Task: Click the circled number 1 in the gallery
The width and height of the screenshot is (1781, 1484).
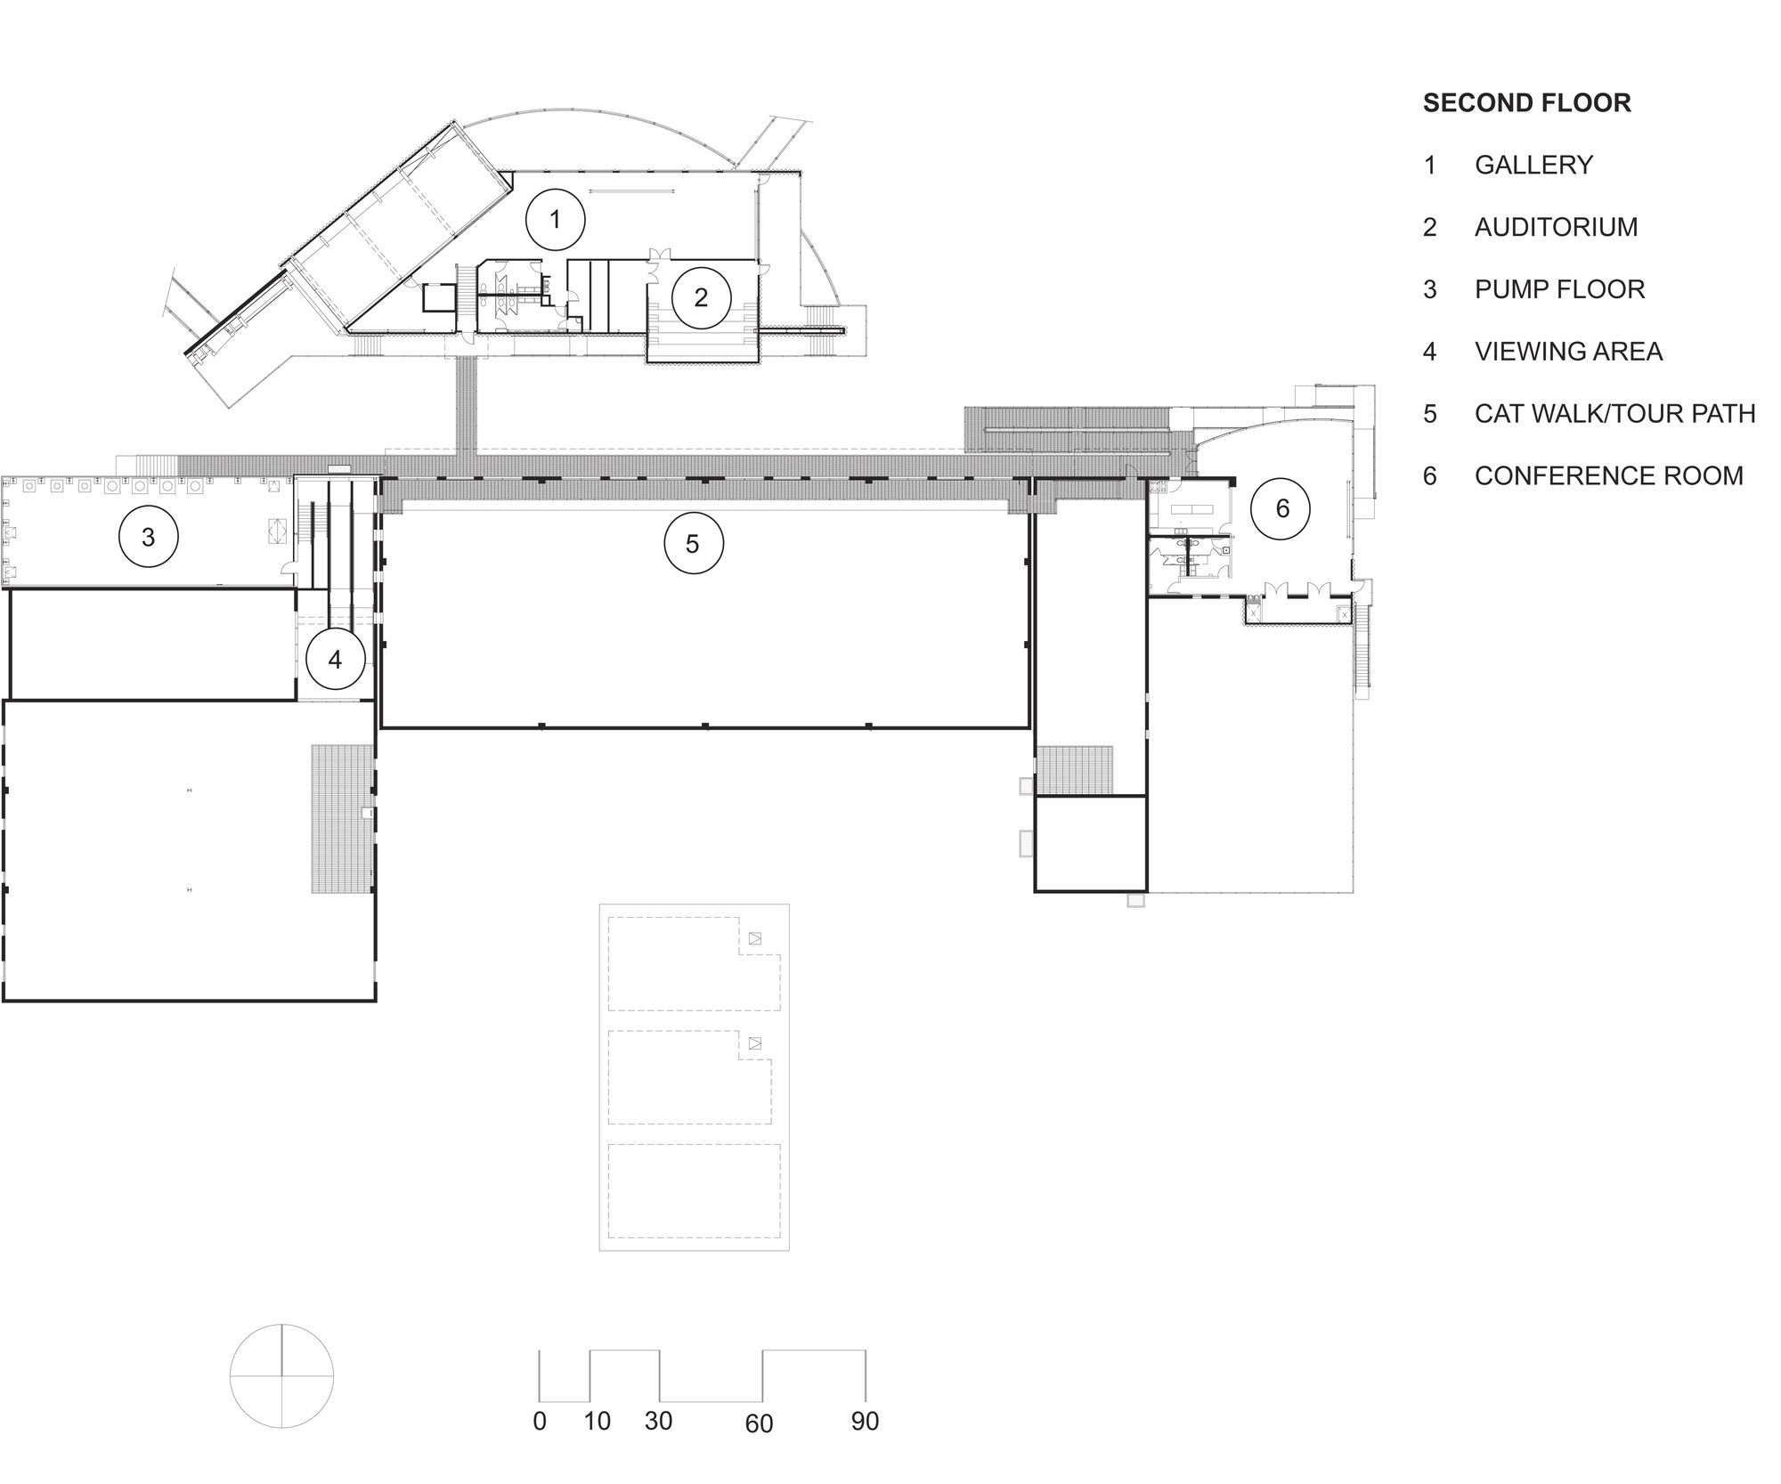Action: (x=556, y=219)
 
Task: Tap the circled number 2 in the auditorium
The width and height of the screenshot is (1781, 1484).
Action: (x=701, y=298)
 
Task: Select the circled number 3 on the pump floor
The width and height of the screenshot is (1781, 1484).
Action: (x=149, y=537)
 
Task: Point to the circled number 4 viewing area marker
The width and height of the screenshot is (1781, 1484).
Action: (x=335, y=660)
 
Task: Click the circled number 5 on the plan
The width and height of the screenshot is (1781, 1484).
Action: (x=693, y=543)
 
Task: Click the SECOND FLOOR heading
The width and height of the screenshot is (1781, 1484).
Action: (x=1527, y=103)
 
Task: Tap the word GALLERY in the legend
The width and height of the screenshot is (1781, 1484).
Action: (x=1533, y=165)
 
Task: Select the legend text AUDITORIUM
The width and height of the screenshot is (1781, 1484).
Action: (x=1557, y=227)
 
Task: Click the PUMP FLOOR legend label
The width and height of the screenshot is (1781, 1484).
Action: (x=1560, y=289)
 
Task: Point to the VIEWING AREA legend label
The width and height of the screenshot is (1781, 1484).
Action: (x=1569, y=352)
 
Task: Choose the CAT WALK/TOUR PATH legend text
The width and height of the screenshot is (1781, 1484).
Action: (x=1615, y=413)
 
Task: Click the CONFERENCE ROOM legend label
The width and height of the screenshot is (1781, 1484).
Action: (x=1609, y=475)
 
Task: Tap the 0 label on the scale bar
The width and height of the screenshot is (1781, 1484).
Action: (x=540, y=1422)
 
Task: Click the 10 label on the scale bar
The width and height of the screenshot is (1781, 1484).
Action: (x=597, y=1422)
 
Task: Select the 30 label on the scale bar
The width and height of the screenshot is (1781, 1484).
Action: (x=658, y=1422)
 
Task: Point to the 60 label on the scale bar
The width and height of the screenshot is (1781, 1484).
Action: (x=760, y=1424)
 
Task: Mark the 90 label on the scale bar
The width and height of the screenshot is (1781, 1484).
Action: (x=865, y=1422)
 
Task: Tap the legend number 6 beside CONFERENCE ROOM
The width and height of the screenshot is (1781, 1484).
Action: (x=1430, y=475)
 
